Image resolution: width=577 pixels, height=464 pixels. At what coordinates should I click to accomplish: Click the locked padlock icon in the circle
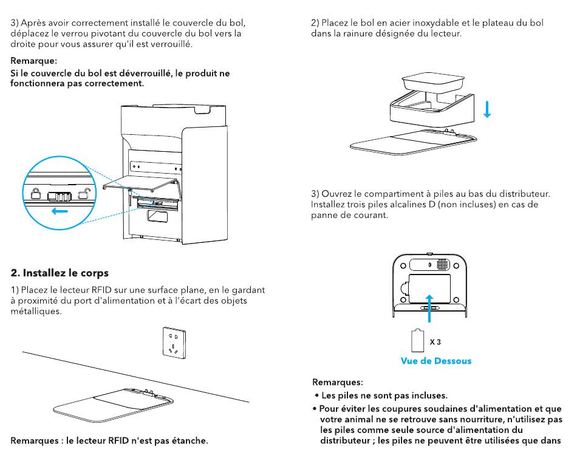[36, 194]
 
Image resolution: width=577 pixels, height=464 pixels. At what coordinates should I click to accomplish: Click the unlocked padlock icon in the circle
[84, 194]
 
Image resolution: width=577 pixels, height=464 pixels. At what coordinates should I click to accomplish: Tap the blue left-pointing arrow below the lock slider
[60, 211]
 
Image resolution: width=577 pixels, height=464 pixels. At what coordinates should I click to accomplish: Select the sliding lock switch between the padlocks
[60, 197]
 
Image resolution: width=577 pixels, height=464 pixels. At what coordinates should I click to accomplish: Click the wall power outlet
[174, 343]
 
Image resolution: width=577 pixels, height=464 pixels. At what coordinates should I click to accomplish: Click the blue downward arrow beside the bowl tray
[487, 110]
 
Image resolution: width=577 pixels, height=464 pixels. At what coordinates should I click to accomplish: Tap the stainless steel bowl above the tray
[432, 82]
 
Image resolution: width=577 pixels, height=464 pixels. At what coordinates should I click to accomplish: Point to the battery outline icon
[417, 341]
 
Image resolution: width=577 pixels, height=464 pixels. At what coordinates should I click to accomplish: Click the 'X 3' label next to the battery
[435, 342]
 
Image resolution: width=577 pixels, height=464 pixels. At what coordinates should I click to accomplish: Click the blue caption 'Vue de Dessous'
[436, 361]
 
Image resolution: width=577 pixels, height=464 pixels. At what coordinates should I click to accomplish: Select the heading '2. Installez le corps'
[60, 273]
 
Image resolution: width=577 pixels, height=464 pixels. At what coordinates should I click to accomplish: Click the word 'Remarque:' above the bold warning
[33, 61]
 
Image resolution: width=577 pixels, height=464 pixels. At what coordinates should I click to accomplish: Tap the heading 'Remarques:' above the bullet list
[338, 382]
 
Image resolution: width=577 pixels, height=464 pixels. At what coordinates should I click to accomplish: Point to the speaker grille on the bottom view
[443, 265]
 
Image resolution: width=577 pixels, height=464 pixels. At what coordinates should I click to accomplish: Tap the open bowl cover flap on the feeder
[140, 183]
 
